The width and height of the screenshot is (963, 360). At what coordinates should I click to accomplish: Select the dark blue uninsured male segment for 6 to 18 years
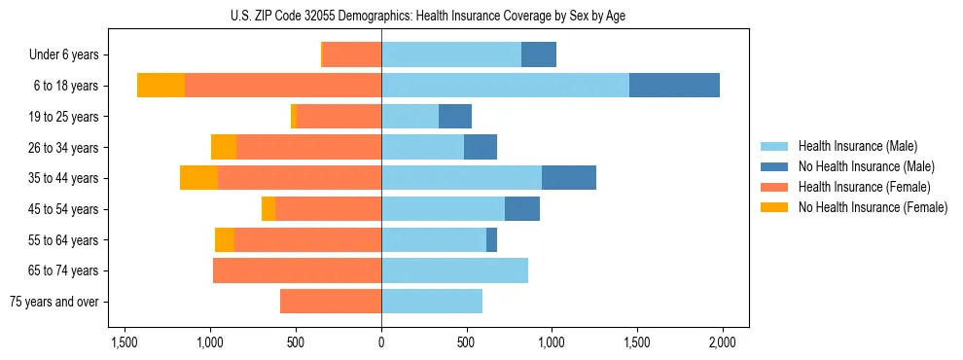coord(674,85)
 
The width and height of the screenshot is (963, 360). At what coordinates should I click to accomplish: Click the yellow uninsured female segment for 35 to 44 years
coord(198,178)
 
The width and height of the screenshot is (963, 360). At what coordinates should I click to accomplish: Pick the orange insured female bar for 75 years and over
coord(331,302)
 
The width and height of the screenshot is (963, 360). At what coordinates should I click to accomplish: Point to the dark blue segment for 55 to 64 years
coord(491,239)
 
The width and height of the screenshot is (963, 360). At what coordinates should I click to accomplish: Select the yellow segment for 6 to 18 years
coord(160,85)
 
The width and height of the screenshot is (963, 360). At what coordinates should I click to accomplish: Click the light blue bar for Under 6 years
coord(451,54)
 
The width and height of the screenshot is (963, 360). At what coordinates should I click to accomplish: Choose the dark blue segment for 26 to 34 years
coord(481,147)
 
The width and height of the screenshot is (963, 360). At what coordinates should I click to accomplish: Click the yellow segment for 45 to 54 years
coord(268,208)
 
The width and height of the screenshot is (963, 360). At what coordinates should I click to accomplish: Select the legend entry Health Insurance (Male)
coord(857,146)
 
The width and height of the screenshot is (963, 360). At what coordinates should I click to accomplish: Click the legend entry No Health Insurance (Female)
coord(873,207)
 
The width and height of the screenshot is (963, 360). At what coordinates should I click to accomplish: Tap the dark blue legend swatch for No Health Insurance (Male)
coord(774,166)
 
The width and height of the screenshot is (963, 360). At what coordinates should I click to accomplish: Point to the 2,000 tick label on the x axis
coord(722,343)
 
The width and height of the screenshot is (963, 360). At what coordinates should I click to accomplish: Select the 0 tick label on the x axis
coord(381,343)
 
